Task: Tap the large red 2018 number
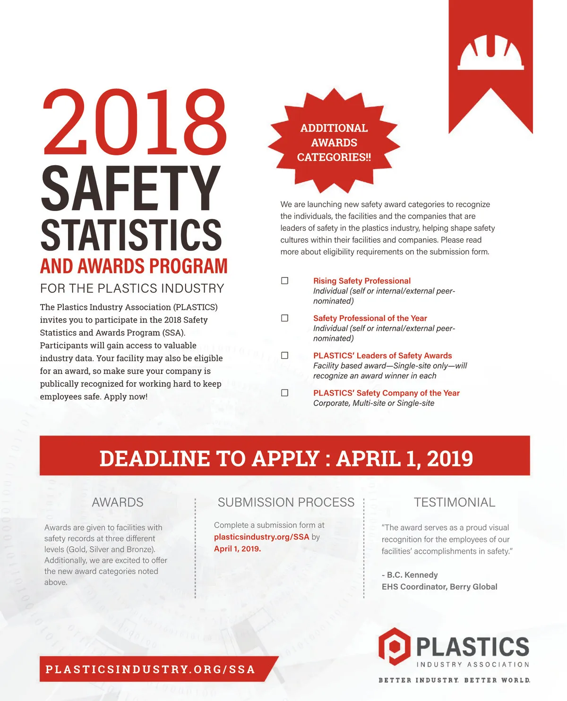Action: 135,123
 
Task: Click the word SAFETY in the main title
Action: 131,188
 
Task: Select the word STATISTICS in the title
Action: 131,235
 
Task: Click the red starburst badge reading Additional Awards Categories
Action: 334,142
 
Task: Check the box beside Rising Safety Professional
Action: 285,281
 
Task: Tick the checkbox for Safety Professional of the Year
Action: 285,318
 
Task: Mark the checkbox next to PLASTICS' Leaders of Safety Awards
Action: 285,355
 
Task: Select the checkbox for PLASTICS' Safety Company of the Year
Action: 285,393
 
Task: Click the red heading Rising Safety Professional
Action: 361,281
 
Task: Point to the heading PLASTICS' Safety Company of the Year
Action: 386,393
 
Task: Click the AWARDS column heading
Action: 118,502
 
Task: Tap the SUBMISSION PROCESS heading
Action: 286,502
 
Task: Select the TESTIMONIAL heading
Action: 455,502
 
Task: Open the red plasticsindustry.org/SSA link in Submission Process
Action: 261,537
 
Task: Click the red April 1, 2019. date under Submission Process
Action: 237,549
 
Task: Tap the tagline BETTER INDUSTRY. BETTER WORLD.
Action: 454,680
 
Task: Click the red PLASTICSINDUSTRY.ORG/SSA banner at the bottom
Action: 151,669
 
